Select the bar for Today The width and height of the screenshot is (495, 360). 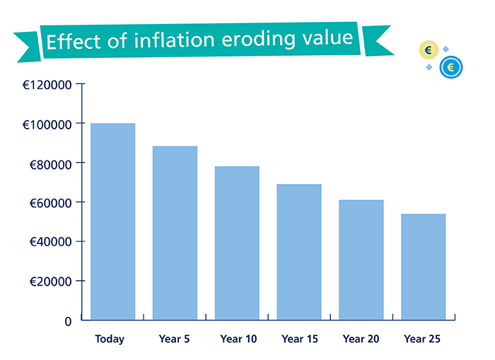pos(112,221)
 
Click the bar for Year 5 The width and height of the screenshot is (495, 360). pos(175,233)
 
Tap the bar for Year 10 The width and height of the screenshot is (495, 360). pos(237,243)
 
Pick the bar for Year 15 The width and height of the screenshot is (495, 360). pos(299,252)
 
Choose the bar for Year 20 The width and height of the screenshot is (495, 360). pos(361,260)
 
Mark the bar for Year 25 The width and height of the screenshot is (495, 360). pos(423,267)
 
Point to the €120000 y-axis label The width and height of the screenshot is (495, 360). pos(47,85)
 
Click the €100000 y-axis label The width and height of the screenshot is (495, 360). pos(47,124)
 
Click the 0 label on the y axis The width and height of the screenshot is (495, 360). pos(68,321)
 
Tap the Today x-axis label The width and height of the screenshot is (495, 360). pos(110,339)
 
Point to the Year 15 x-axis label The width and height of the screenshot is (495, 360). pos(299,339)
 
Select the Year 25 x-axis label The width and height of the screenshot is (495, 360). pos(422,339)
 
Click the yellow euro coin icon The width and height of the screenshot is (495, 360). pos(429,50)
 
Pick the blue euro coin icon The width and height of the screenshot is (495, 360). pos(450,67)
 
